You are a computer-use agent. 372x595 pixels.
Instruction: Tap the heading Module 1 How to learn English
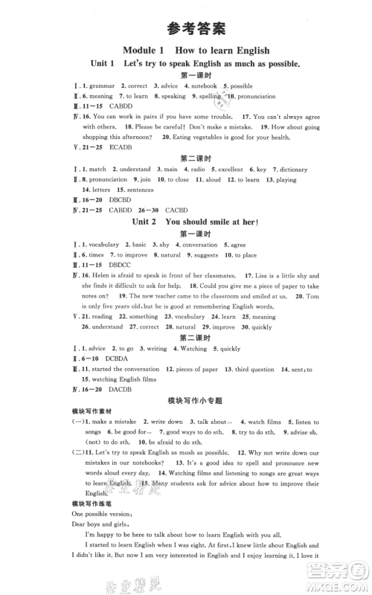pyautogui.click(x=185, y=50)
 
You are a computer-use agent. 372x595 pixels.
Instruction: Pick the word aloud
pyautogui.click(x=214, y=180)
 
